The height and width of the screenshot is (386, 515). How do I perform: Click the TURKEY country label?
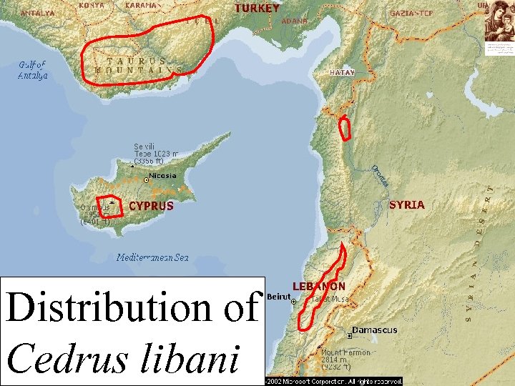click(257, 9)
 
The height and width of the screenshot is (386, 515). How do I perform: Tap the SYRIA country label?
click(407, 204)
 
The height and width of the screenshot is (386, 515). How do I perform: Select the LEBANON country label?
click(318, 286)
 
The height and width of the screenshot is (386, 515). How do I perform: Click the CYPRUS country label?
click(151, 206)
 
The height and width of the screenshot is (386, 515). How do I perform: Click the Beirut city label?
click(278, 297)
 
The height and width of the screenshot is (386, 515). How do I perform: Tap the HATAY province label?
click(342, 73)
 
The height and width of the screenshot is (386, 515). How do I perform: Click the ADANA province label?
click(295, 21)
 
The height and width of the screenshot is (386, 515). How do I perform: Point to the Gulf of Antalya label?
click(33, 70)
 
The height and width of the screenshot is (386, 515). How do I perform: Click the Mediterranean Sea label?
click(152, 257)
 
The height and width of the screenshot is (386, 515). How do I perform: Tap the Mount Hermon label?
click(345, 352)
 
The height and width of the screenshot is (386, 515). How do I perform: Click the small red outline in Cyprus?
click(110, 205)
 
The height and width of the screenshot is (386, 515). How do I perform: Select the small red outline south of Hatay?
click(345, 129)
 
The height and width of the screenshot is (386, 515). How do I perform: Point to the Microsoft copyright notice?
click(334, 382)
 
